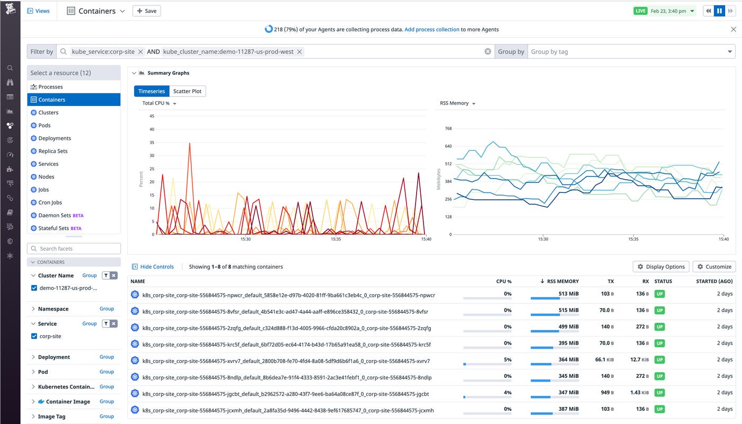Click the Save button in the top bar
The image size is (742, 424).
(x=146, y=11)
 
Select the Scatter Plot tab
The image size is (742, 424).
(x=187, y=91)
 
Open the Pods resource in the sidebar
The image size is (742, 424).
(x=45, y=125)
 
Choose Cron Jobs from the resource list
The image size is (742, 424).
(x=50, y=202)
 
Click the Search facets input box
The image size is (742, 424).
(x=74, y=249)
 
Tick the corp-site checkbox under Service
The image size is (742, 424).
(x=34, y=336)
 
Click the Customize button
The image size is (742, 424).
(x=714, y=267)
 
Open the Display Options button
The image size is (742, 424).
(x=661, y=267)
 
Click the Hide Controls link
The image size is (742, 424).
(x=153, y=267)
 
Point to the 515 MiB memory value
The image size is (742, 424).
(x=568, y=310)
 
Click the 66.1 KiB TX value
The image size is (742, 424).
(x=604, y=359)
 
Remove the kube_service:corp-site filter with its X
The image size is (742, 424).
(x=140, y=52)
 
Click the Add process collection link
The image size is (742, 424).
(x=431, y=30)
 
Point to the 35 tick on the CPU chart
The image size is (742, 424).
(x=152, y=143)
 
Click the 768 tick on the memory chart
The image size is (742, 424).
(x=448, y=128)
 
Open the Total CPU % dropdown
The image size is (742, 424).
(x=159, y=103)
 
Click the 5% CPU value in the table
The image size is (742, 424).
(x=508, y=359)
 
